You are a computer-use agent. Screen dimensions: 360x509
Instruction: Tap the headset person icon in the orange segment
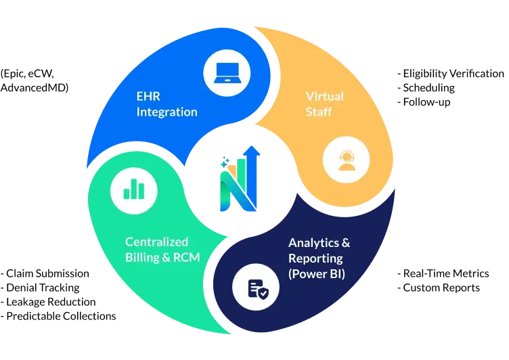pyautogui.click(x=346, y=160)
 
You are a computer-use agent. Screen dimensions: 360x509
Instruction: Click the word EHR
pyautogui.click(x=148, y=96)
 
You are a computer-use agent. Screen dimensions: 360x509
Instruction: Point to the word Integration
pyautogui.click(x=167, y=112)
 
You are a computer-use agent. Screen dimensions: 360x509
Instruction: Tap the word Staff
pyautogui.click(x=318, y=112)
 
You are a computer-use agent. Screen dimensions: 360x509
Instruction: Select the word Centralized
pyautogui.click(x=156, y=242)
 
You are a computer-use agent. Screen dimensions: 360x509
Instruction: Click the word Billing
pyautogui.click(x=142, y=257)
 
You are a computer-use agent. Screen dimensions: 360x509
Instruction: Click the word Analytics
pyautogui.click(x=311, y=242)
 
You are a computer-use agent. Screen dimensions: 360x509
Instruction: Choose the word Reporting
pyautogui.click(x=315, y=258)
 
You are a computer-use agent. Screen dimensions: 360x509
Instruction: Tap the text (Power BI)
pyautogui.click(x=317, y=275)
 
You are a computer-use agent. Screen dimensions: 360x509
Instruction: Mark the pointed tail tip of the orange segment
pyautogui.click(x=253, y=28)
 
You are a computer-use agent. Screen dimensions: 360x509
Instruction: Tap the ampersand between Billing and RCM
pyautogui.click(x=166, y=257)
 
